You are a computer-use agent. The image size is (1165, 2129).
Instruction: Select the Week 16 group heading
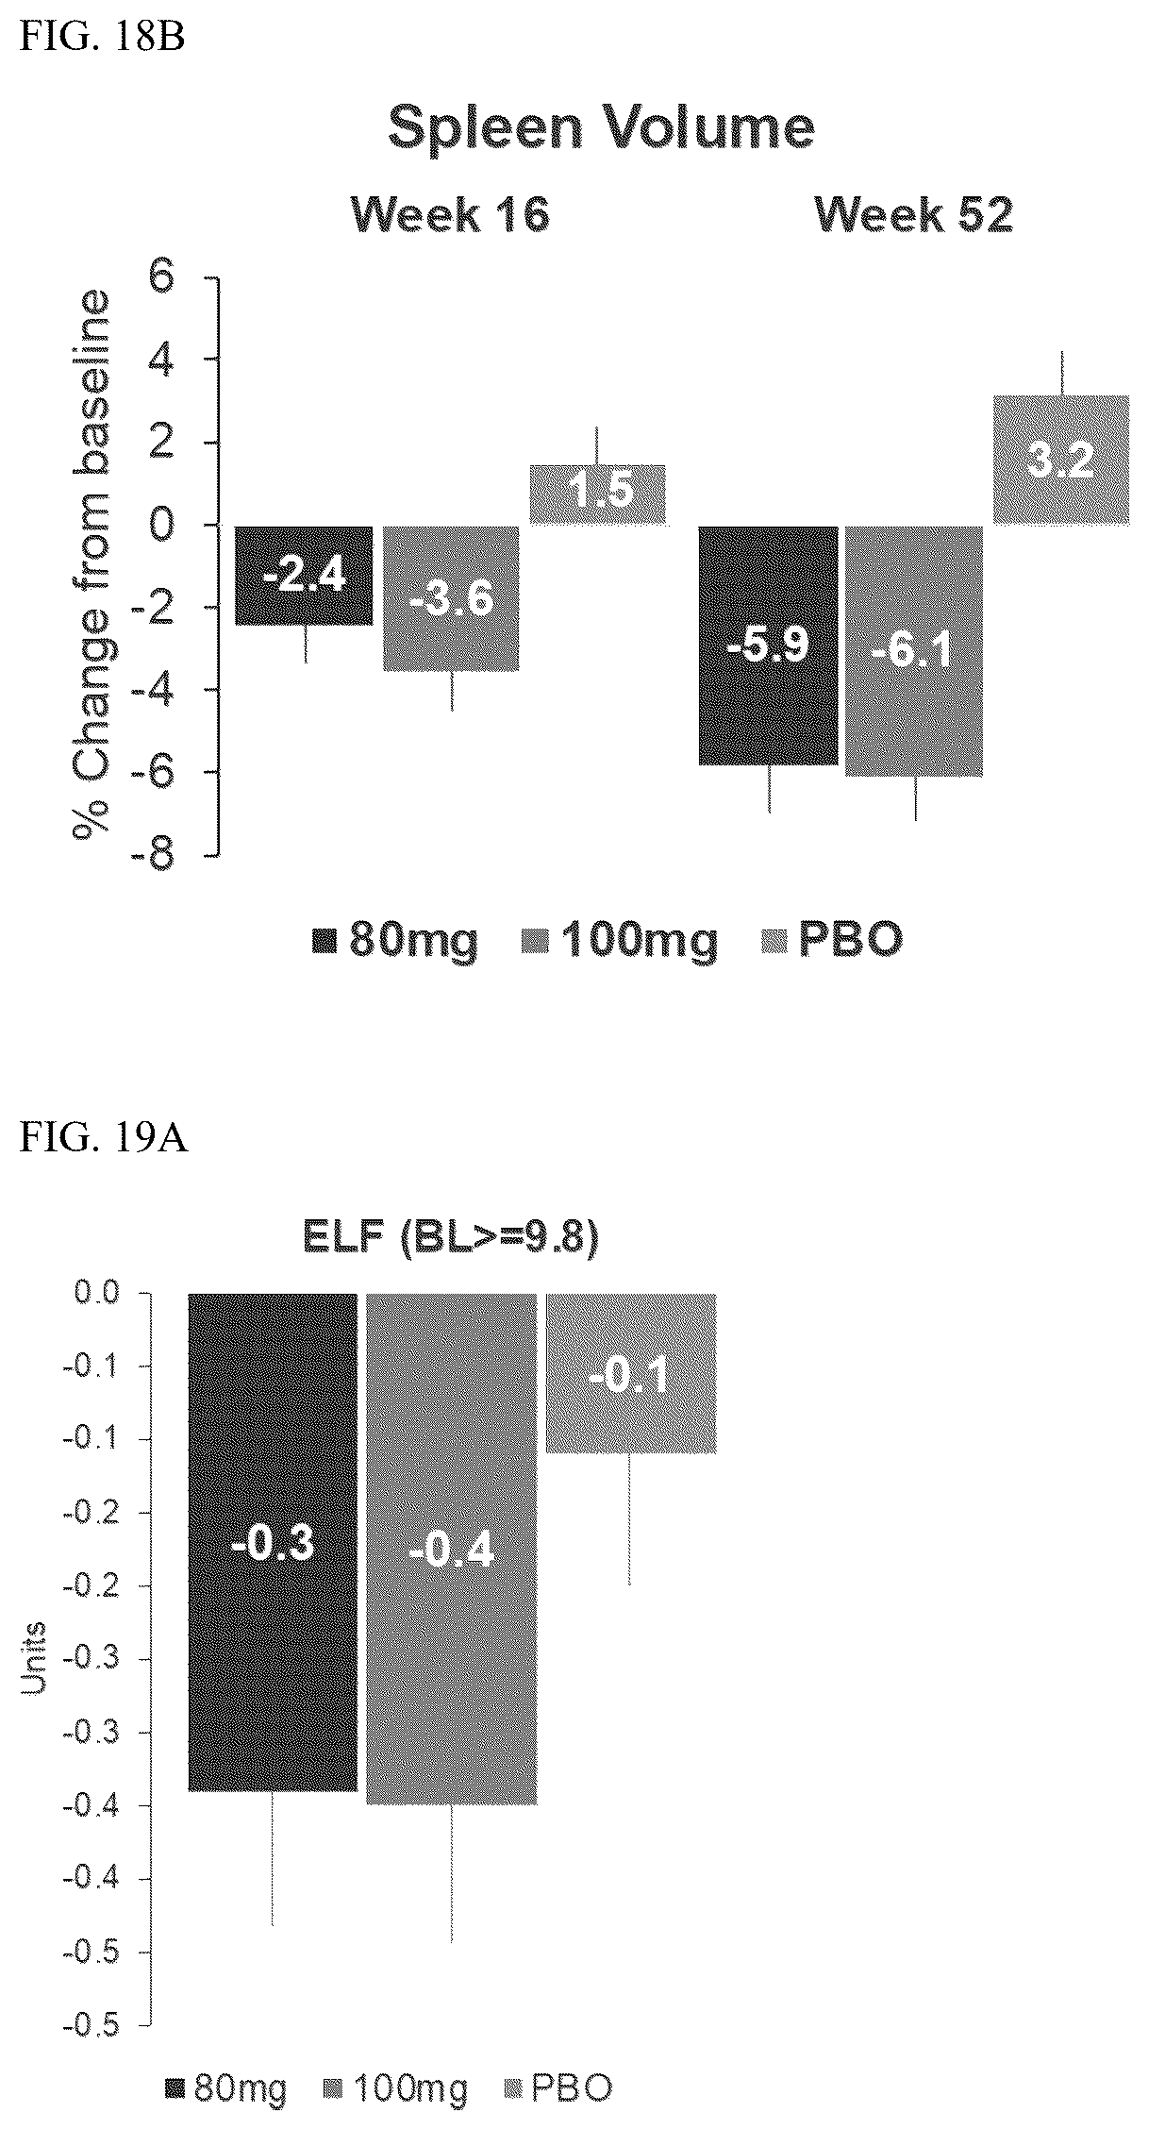[450, 215]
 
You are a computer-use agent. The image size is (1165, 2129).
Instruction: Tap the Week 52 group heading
[913, 215]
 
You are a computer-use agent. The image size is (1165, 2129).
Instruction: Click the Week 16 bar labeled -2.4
[305, 576]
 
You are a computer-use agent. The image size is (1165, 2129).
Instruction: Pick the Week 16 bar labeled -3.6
[450, 598]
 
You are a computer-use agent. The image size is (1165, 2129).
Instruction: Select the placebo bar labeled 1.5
[597, 495]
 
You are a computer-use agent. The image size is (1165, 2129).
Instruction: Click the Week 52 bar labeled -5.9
[768, 645]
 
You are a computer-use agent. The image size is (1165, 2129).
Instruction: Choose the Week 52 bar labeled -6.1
[914, 651]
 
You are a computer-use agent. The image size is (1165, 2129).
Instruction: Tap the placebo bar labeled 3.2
[1060, 460]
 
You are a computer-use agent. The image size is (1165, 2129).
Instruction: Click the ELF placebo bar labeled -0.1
[631, 1373]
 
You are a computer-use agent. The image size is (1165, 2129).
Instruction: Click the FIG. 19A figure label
[104, 1139]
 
